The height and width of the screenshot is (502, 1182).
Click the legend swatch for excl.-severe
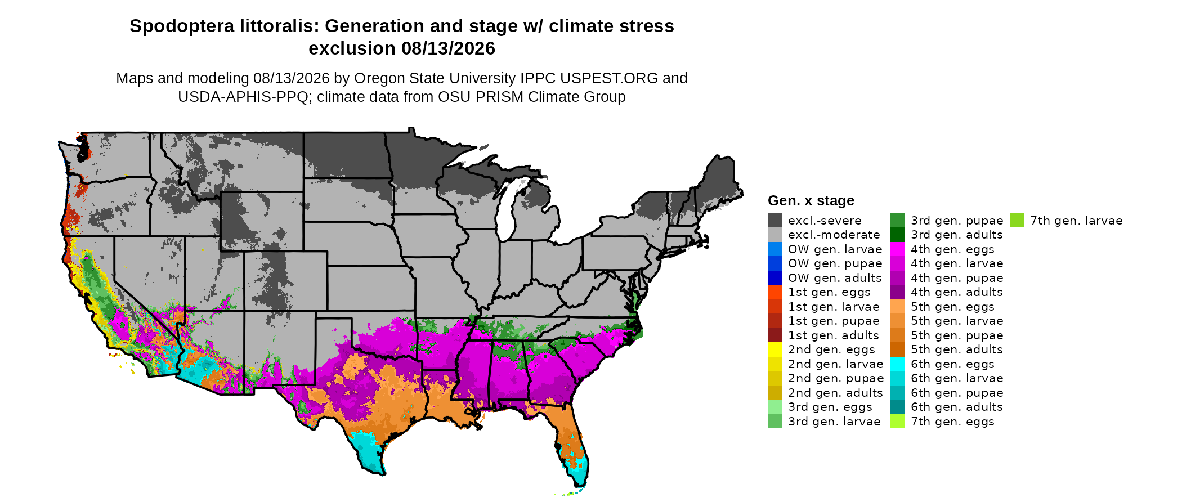click(x=774, y=221)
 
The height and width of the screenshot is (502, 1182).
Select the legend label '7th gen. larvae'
click(x=1076, y=221)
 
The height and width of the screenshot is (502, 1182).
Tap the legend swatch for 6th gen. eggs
click(x=897, y=364)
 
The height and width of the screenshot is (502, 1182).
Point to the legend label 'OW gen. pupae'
click(x=835, y=263)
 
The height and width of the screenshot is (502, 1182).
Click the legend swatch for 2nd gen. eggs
click(x=774, y=349)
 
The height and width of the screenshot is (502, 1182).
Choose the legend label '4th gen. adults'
click(x=957, y=292)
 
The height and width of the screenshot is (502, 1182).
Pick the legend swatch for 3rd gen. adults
click(x=897, y=235)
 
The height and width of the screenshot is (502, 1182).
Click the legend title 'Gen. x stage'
click(x=811, y=200)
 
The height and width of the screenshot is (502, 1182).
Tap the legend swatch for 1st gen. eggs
click(x=774, y=292)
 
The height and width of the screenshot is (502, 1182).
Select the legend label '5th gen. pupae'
click(x=957, y=335)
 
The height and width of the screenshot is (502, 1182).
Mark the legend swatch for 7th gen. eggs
click(x=897, y=422)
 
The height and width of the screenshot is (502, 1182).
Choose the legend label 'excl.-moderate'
click(x=834, y=235)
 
